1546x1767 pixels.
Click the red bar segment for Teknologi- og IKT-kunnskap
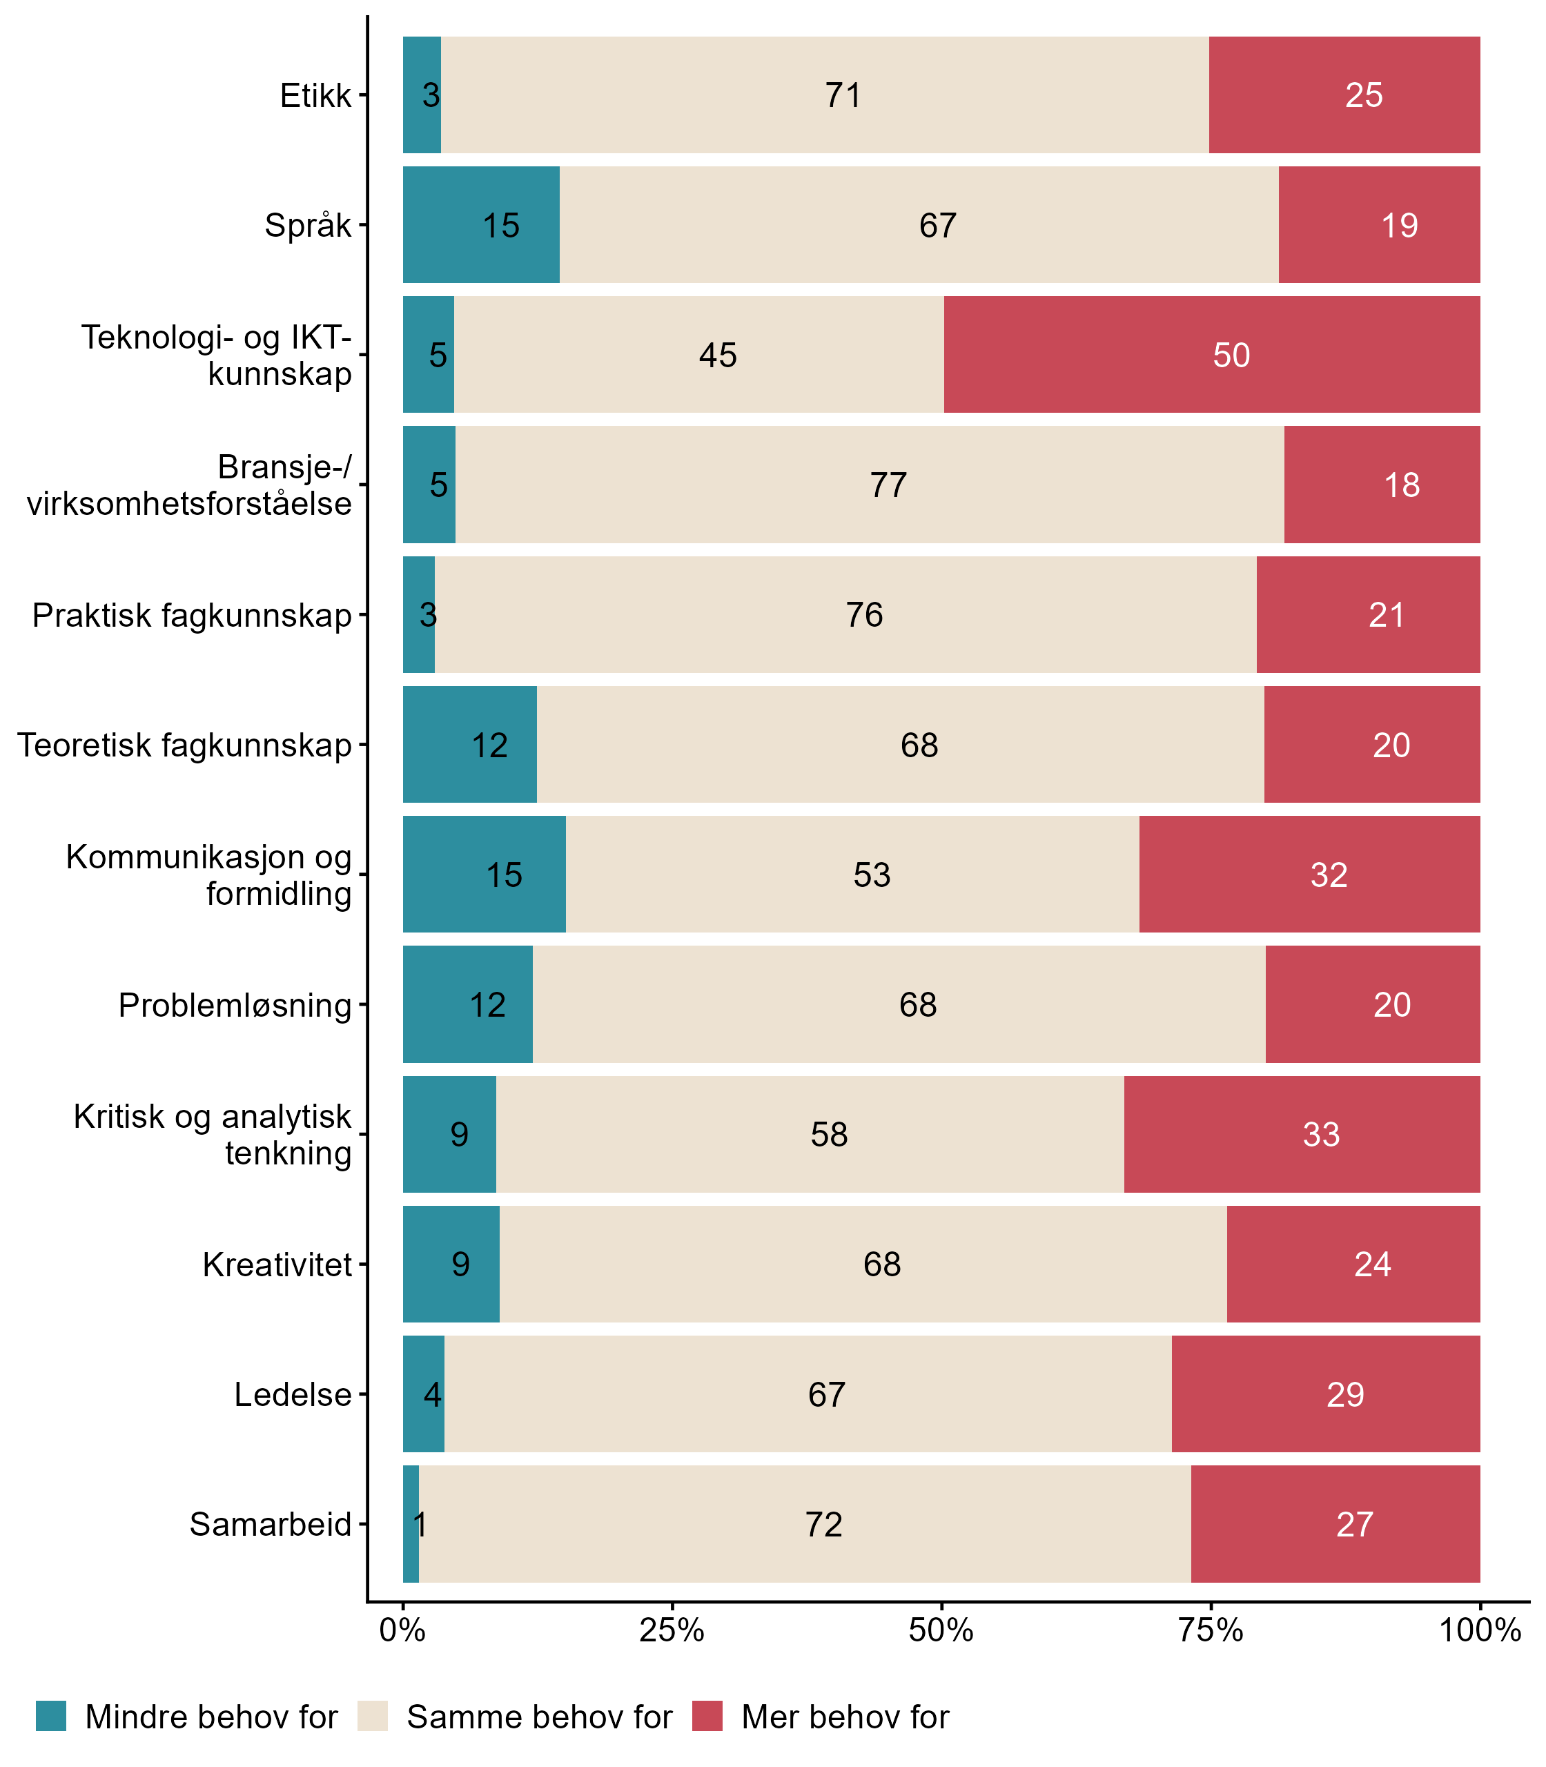coord(1211,355)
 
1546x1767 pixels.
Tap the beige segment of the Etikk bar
coord(824,95)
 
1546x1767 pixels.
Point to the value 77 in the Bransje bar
coord(888,485)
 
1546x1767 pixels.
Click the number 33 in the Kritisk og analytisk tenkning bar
coord(1321,1135)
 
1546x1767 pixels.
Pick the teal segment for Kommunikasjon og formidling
coord(484,874)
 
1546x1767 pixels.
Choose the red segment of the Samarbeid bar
coord(1335,1525)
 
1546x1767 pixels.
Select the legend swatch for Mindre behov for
coord(51,1716)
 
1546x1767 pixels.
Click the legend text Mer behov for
coord(845,1717)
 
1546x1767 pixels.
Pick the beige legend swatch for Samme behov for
coord(373,1716)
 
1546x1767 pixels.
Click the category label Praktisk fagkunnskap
coord(192,615)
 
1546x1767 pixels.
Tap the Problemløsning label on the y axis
coord(235,1005)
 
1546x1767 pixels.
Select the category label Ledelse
coord(293,1395)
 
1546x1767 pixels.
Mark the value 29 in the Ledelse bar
coord(1345,1395)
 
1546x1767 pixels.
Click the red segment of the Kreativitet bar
coord(1353,1264)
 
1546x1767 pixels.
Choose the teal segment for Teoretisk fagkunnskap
coord(469,745)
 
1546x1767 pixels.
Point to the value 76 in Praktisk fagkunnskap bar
coord(863,615)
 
